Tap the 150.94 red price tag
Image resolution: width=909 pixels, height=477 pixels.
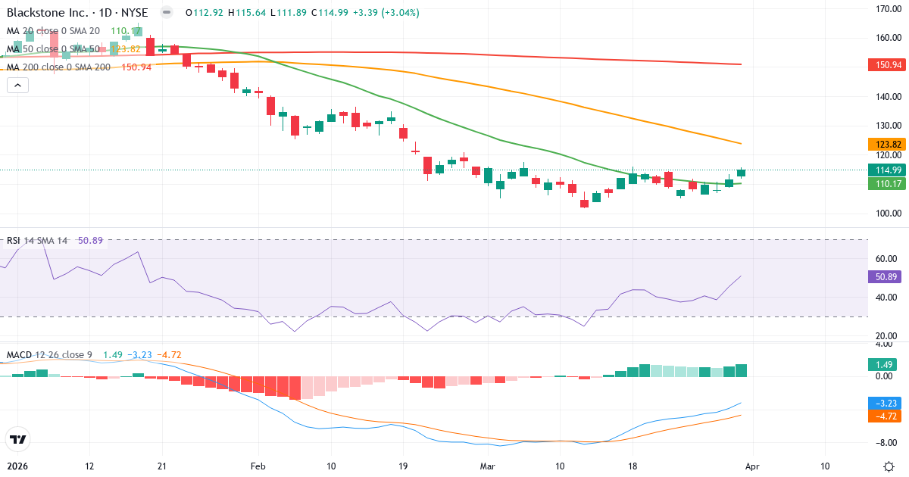[x=885, y=64]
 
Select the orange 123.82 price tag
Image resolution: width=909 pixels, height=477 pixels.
[x=885, y=144]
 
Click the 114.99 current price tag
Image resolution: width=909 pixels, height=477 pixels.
[x=885, y=170]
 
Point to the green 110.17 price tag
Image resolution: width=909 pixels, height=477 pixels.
[x=885, y=183]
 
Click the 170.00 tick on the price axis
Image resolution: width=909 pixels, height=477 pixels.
[x=887, y=9]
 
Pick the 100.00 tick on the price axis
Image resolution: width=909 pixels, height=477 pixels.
[x=887, y=213]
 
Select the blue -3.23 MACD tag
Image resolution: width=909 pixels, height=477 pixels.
[x=882, y=404]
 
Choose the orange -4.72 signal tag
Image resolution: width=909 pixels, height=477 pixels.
[x=882, y=416]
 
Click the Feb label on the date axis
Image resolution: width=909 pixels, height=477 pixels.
[x=259, y=466]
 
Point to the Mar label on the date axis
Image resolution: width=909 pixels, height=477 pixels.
[x=486, y=466]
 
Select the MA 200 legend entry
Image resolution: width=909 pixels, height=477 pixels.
[x=58, y=67]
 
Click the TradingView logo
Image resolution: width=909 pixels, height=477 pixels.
[x=17, y=439]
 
